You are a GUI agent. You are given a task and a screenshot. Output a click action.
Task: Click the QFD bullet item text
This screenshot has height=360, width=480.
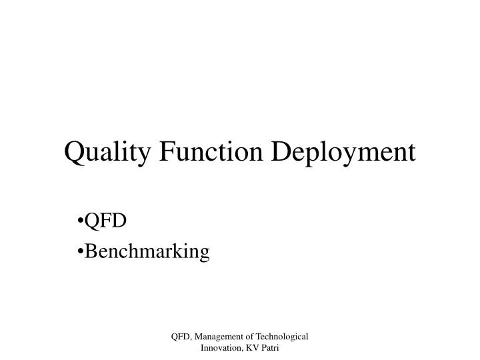click(106, 221)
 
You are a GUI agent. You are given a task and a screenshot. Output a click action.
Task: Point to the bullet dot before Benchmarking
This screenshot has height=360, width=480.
click(81, 251)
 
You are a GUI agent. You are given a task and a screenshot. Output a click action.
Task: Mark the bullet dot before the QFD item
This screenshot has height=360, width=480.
click(81, 221)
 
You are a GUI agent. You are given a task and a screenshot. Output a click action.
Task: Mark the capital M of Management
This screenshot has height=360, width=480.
click(203, 339)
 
